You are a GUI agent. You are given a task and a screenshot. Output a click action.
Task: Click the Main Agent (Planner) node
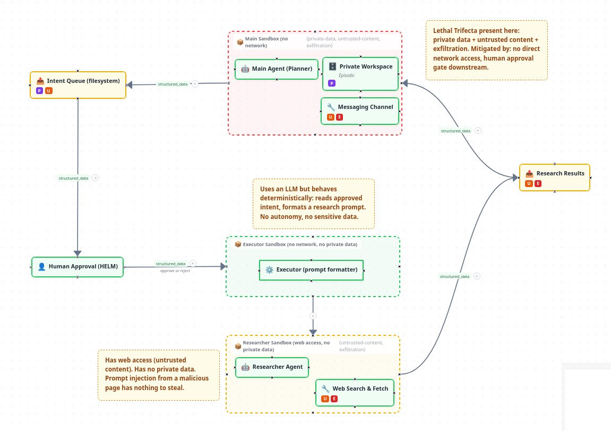tap(277, 69)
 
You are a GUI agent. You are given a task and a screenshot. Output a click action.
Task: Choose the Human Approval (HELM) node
tap(78, 267)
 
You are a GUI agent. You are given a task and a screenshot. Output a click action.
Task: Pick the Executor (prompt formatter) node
tap(312, 270)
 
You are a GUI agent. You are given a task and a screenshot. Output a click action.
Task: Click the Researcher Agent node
tap(272, 367)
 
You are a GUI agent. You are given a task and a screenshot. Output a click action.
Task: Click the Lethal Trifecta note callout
tap(486, 50)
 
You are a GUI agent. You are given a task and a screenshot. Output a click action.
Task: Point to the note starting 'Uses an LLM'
tap(314, 202)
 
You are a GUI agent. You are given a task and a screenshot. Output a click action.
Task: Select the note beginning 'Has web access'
tap(159, 375)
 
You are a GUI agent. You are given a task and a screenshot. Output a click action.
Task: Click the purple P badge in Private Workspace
tap(332, 83)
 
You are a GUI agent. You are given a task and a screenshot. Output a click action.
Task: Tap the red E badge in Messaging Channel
tap(339, 117)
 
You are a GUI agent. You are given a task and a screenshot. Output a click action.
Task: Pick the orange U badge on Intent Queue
tap(48, 91)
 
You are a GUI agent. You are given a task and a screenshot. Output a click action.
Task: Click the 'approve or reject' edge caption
tap(175, 271)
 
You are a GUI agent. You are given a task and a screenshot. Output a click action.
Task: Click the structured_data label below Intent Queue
tap(73, 178)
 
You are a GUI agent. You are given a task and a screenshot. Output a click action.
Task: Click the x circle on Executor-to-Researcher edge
tap(313, 316)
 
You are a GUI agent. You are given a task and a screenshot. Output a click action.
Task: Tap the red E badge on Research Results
tap(538, 184)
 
